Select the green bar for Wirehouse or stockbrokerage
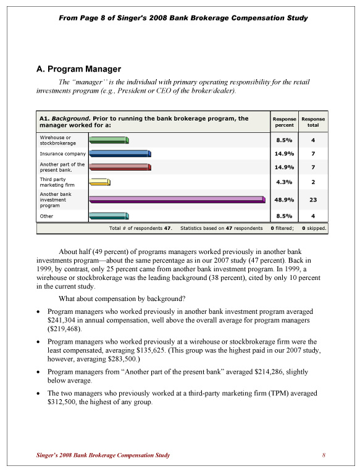109,140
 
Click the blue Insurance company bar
120,153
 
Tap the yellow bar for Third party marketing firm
99,182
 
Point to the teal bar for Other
109,216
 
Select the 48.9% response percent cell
283,200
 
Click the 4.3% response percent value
283,182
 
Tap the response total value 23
313,200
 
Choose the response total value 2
313,182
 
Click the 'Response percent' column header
283,122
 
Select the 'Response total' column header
313,122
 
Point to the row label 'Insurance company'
62,153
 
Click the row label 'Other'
46,216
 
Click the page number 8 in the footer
323,455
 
